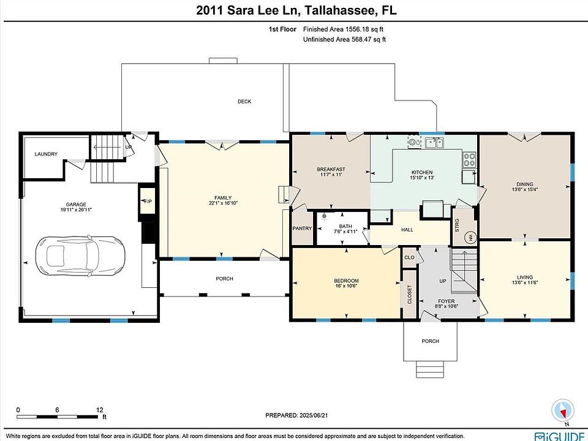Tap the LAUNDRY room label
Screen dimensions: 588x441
46,154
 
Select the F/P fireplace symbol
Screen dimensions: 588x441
147,201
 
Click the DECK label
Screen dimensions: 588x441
244,101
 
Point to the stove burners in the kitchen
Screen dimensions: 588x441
469,159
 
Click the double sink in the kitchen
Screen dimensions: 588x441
435,143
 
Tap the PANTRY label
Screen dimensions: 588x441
302,228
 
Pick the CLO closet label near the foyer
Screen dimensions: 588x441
409,257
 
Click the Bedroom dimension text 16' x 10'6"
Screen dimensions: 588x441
346,285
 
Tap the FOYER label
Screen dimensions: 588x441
447,301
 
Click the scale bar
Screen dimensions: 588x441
57,417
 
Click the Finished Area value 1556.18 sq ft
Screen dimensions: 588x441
366,29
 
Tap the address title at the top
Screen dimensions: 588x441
296,10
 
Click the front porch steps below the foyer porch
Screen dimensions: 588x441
430,369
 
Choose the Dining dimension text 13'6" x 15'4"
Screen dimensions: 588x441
525,189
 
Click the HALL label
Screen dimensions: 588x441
407,230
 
